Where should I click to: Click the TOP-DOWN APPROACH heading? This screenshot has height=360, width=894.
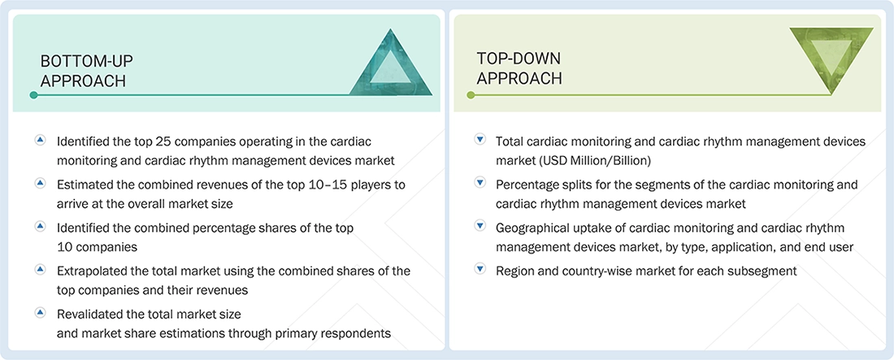point(519,68)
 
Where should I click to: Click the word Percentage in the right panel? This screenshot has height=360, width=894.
point(529,184)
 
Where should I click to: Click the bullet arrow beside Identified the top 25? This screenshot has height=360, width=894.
point(39,141)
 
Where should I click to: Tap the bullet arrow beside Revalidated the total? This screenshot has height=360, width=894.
point(39,313)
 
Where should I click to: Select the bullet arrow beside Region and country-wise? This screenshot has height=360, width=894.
point(480,270)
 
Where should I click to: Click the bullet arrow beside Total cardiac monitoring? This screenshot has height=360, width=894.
point(480,141)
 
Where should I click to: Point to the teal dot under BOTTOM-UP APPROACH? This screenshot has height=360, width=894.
point(33,95)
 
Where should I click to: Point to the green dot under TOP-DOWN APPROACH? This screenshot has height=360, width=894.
point(471,95)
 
